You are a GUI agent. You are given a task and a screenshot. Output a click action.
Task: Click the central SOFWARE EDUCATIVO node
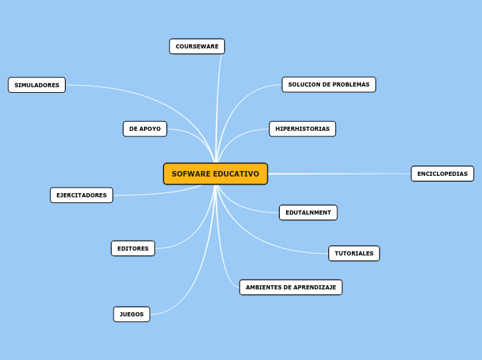click(215, 174)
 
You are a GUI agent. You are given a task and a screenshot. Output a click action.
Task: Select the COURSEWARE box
click(197, 46)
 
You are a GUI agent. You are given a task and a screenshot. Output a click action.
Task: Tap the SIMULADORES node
click(37, 85)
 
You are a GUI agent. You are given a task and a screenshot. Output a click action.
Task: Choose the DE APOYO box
click(145, 129)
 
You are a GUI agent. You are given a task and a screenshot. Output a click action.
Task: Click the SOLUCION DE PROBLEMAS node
click(329, 84)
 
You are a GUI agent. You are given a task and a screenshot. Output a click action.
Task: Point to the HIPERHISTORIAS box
click(303, 129)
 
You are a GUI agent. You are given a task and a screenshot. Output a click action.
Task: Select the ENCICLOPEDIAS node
click(443, 174)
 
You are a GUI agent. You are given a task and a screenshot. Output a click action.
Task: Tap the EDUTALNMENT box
click(308, 213)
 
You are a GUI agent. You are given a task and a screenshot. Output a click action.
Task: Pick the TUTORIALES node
click(354, 253)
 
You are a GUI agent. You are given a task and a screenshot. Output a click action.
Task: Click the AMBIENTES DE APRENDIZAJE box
click(291, 287)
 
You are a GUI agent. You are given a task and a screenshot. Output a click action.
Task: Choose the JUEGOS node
click(132, 314)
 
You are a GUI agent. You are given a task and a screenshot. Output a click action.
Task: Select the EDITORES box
click(133, 249)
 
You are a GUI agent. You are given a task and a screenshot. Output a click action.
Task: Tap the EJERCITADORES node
click(82, 195)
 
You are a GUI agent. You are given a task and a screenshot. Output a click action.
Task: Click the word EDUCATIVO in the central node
click(236, 174)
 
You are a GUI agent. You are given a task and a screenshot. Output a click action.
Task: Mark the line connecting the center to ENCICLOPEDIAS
click(339, 174)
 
